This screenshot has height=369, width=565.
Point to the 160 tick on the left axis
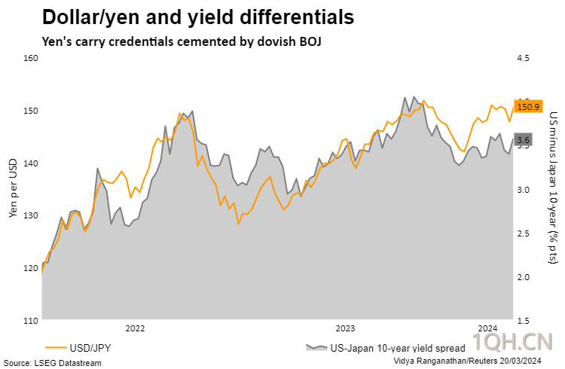[31, 58]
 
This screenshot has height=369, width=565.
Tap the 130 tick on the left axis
[31, 215]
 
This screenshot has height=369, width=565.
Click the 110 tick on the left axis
[31, 321]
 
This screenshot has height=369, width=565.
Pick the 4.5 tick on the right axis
[524, 58]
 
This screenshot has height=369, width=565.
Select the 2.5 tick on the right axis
[524, 233]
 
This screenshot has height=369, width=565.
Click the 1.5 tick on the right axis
[524, 321]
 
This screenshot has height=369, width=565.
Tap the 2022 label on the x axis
[135, 328]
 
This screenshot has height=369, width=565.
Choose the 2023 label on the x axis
[345, 328]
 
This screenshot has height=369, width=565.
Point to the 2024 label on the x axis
[487, 328]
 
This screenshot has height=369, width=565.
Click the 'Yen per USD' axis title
[13, 188]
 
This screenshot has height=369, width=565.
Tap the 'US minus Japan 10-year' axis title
[553, 188]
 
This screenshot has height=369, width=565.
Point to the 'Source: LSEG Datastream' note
[52, 362]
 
